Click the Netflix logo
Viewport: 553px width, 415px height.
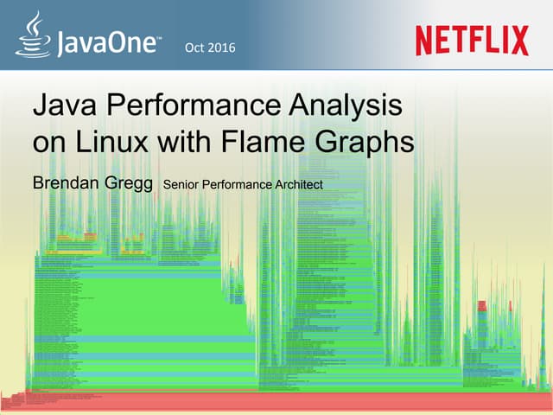471,40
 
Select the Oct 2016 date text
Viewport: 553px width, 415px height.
210,46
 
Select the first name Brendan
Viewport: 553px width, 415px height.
67,183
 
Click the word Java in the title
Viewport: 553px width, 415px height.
60,109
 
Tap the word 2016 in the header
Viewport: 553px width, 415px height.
221,46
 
